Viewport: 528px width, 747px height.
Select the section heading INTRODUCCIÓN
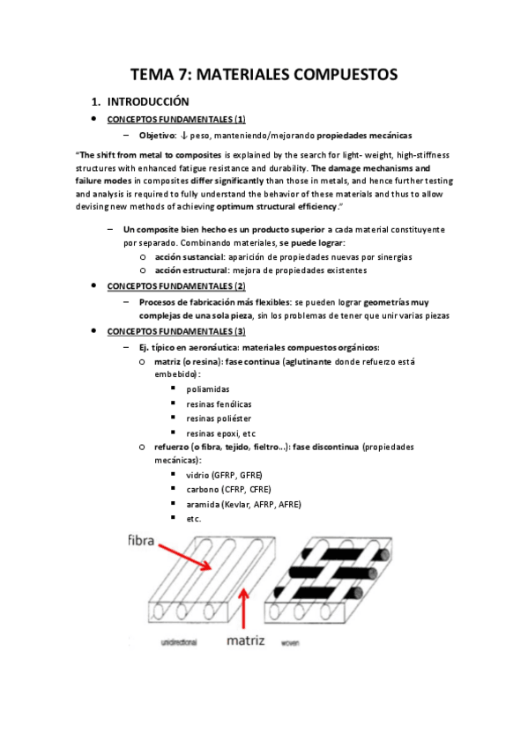(x=156, y=101)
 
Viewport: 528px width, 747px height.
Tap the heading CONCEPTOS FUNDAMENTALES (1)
(x=175, y=119)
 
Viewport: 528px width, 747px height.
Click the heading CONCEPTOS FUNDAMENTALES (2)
(x=175, y=286)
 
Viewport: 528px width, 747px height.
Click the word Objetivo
(x=157, y=136)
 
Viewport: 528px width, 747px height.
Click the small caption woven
(x=289, y=644)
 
